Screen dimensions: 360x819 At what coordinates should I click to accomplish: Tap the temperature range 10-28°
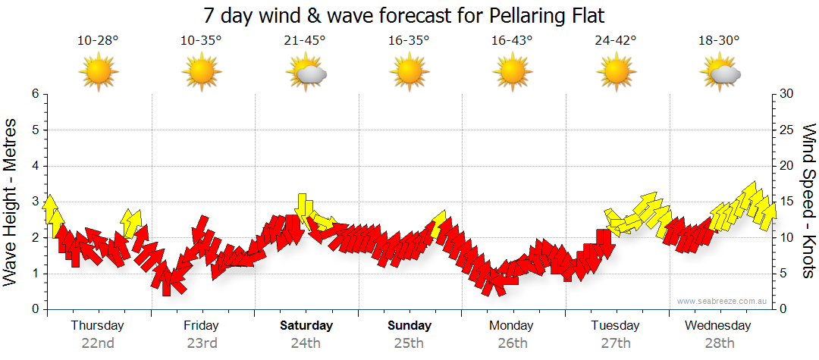(98, 40)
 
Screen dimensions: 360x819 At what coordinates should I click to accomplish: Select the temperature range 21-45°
(306, 40)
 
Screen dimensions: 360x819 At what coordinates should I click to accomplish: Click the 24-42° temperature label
(615, 40)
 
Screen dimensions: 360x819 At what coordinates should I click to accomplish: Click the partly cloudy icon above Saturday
(306, 74)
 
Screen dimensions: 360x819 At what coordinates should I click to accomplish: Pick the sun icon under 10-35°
(202, 74)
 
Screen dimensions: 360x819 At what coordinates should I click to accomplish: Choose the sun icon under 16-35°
(409, 74)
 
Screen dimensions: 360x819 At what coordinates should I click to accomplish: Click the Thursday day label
(97, 325)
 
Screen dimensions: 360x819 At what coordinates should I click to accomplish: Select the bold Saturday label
(306, 325)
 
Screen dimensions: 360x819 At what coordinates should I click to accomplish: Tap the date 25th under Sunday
(409, 343)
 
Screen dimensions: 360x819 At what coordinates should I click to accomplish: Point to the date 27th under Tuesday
(616, 343)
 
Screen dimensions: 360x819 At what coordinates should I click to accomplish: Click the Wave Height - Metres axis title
(12, 202)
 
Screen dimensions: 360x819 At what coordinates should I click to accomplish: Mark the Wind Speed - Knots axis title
(808, 202)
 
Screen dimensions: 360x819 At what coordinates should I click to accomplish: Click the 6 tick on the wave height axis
(35, 94)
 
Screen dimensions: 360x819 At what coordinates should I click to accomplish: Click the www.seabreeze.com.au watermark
(723, 301)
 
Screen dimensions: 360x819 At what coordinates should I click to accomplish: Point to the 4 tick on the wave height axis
(35, 166)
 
